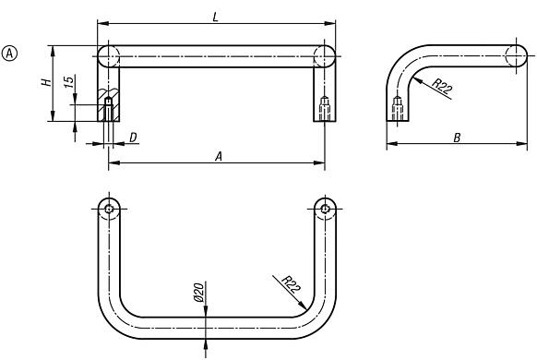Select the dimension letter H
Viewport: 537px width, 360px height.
pyautogui.click(x=44, y=83)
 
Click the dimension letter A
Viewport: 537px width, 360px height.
pyautogui.click(x=219, y=157)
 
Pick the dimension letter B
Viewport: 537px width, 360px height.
pyautogui.click(x=459, y=137)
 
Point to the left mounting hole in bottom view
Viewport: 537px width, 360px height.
pyautogui.click(x=109, y=210)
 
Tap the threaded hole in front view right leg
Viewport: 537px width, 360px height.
pyautogui.click(x=325, y=109)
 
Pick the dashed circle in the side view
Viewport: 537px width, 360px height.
pyautogui.click(x=518, y=55)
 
